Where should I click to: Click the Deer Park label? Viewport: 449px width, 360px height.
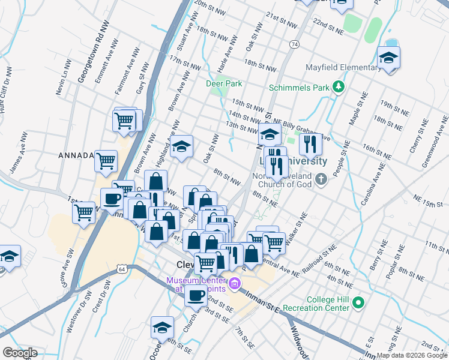tap(223, 83)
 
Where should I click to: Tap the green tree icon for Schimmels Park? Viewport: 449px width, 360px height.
tap(338, 88)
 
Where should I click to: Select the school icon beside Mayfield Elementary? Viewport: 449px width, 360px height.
tap(389, 58)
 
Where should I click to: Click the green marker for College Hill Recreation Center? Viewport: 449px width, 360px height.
tap(359, 302)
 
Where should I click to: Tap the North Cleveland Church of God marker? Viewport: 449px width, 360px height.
tap(321, 179)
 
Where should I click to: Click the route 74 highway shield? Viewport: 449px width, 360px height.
tap(294, 44)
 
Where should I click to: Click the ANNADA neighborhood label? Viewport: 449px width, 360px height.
tap(76, 155)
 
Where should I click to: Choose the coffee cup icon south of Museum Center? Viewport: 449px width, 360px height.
tap(196, 294)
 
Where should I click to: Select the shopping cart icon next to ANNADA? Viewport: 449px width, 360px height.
tap(106, 160)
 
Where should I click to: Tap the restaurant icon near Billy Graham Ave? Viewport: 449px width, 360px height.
tap(310, 143)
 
